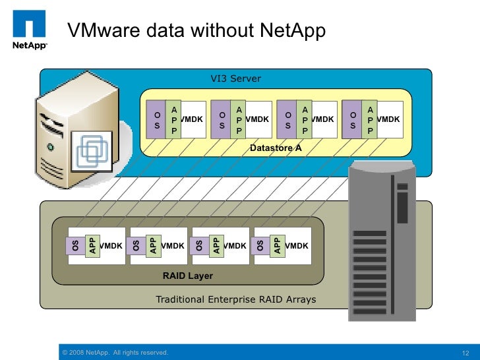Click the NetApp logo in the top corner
click(x=30, y=29)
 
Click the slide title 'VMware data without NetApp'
click(x=197, y=31)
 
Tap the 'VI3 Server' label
click(x=235, y=78)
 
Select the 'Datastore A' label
click(x=276, y=148)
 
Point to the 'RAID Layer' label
click(x=188, y=276)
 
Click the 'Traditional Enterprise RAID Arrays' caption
click(x=235, y=299)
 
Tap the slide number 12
click(x=466, y=353)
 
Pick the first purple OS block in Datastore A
click(x=157, y=119)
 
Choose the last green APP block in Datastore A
click(x=370, y=119)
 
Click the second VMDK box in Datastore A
click(x=256, y=119)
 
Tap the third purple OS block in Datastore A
click(x=287, y=119)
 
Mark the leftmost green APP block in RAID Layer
click(x=92, y=245)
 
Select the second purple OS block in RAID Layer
click(x=136, y=246)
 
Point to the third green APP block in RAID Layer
click(x=215, y=245)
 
